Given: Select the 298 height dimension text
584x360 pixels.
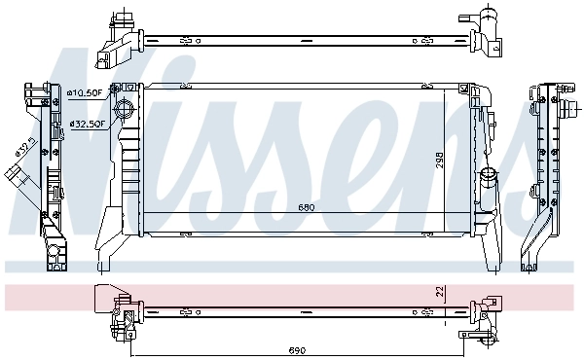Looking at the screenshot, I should [440, 160].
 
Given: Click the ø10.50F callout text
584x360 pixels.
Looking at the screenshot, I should [86, 92].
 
